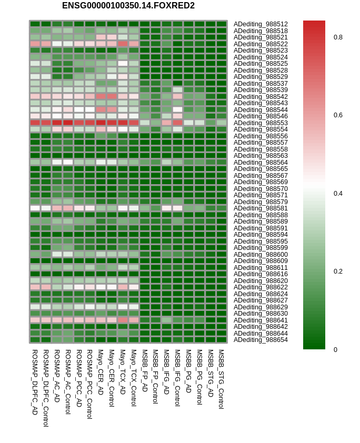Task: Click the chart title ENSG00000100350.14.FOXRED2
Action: (128, 6)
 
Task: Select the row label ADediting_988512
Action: (261, 24)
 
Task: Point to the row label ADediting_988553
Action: (261, 123)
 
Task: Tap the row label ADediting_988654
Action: (261, 340)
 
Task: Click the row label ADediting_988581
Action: (261, 208)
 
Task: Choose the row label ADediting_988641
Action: (261, 320)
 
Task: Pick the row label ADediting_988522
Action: (261, 44)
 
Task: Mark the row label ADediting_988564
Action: (261, 162)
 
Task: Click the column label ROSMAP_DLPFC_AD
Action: (35, 382)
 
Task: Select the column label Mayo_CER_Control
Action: (112, 378)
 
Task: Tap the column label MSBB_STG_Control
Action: (221, 379)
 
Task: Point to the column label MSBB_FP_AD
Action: (145, 370)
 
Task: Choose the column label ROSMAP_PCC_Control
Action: (89, 384)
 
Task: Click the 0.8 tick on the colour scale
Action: (338, 37)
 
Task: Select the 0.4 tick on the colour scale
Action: (338, 193)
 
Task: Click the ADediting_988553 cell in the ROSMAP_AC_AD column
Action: (57, 123)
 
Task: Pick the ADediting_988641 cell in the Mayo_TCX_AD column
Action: (123, 320)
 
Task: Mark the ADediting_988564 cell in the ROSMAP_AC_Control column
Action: (68, 162)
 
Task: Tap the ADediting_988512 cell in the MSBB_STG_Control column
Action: (222, 24)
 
